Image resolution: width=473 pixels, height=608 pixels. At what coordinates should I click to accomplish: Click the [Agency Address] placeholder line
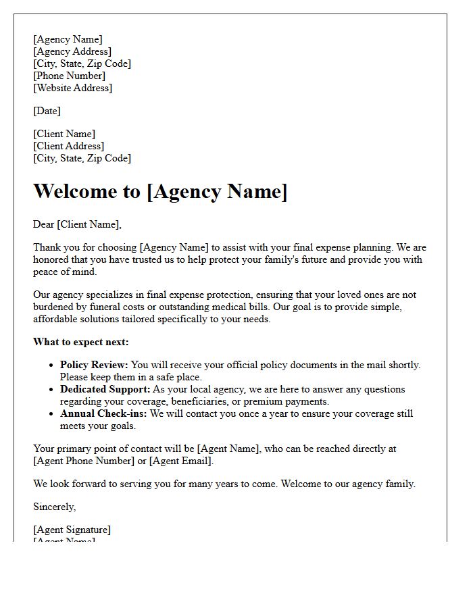[x=72, y=51]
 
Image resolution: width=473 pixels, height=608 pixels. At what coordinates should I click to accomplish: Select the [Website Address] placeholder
[x=73, y=88]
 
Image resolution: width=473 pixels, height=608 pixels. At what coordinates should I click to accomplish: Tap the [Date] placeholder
[x=47, y=111]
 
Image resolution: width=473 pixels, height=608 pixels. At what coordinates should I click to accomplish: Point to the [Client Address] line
[x=68, y=146]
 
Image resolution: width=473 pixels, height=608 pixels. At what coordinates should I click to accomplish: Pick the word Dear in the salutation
[x=43, y=224]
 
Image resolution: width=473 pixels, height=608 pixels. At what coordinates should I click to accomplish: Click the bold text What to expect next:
[x=81, y=342]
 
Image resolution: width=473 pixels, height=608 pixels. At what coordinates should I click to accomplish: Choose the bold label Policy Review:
[x=94, y=365]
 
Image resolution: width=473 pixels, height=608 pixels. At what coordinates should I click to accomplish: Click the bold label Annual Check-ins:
[x=103, y=413]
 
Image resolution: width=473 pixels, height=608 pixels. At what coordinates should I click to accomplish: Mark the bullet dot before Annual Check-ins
[x=51, y=413]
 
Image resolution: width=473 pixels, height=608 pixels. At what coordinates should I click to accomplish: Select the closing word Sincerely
[x=54, y=507]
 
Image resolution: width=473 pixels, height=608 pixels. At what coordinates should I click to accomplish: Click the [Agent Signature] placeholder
[x=72, y=530]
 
